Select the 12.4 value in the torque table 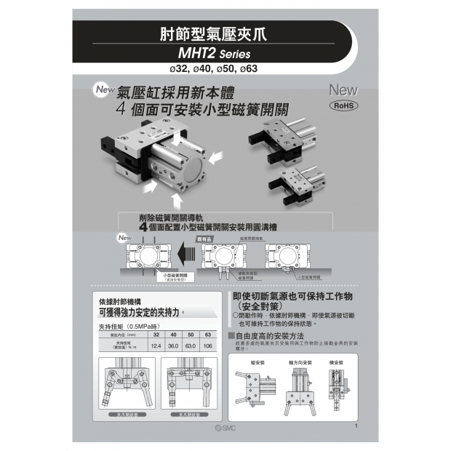coord(156,346)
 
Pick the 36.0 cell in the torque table coord(174,346)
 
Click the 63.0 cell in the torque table coord(191,346)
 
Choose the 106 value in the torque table coord(208,346)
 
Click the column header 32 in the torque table coord(156,335)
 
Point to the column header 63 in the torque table coord(208,335)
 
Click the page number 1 coord(356,426)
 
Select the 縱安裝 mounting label coord(256,362)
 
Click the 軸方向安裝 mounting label coord(300,362)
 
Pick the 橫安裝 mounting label coord(337,362)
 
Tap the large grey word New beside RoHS coord(343,90)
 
